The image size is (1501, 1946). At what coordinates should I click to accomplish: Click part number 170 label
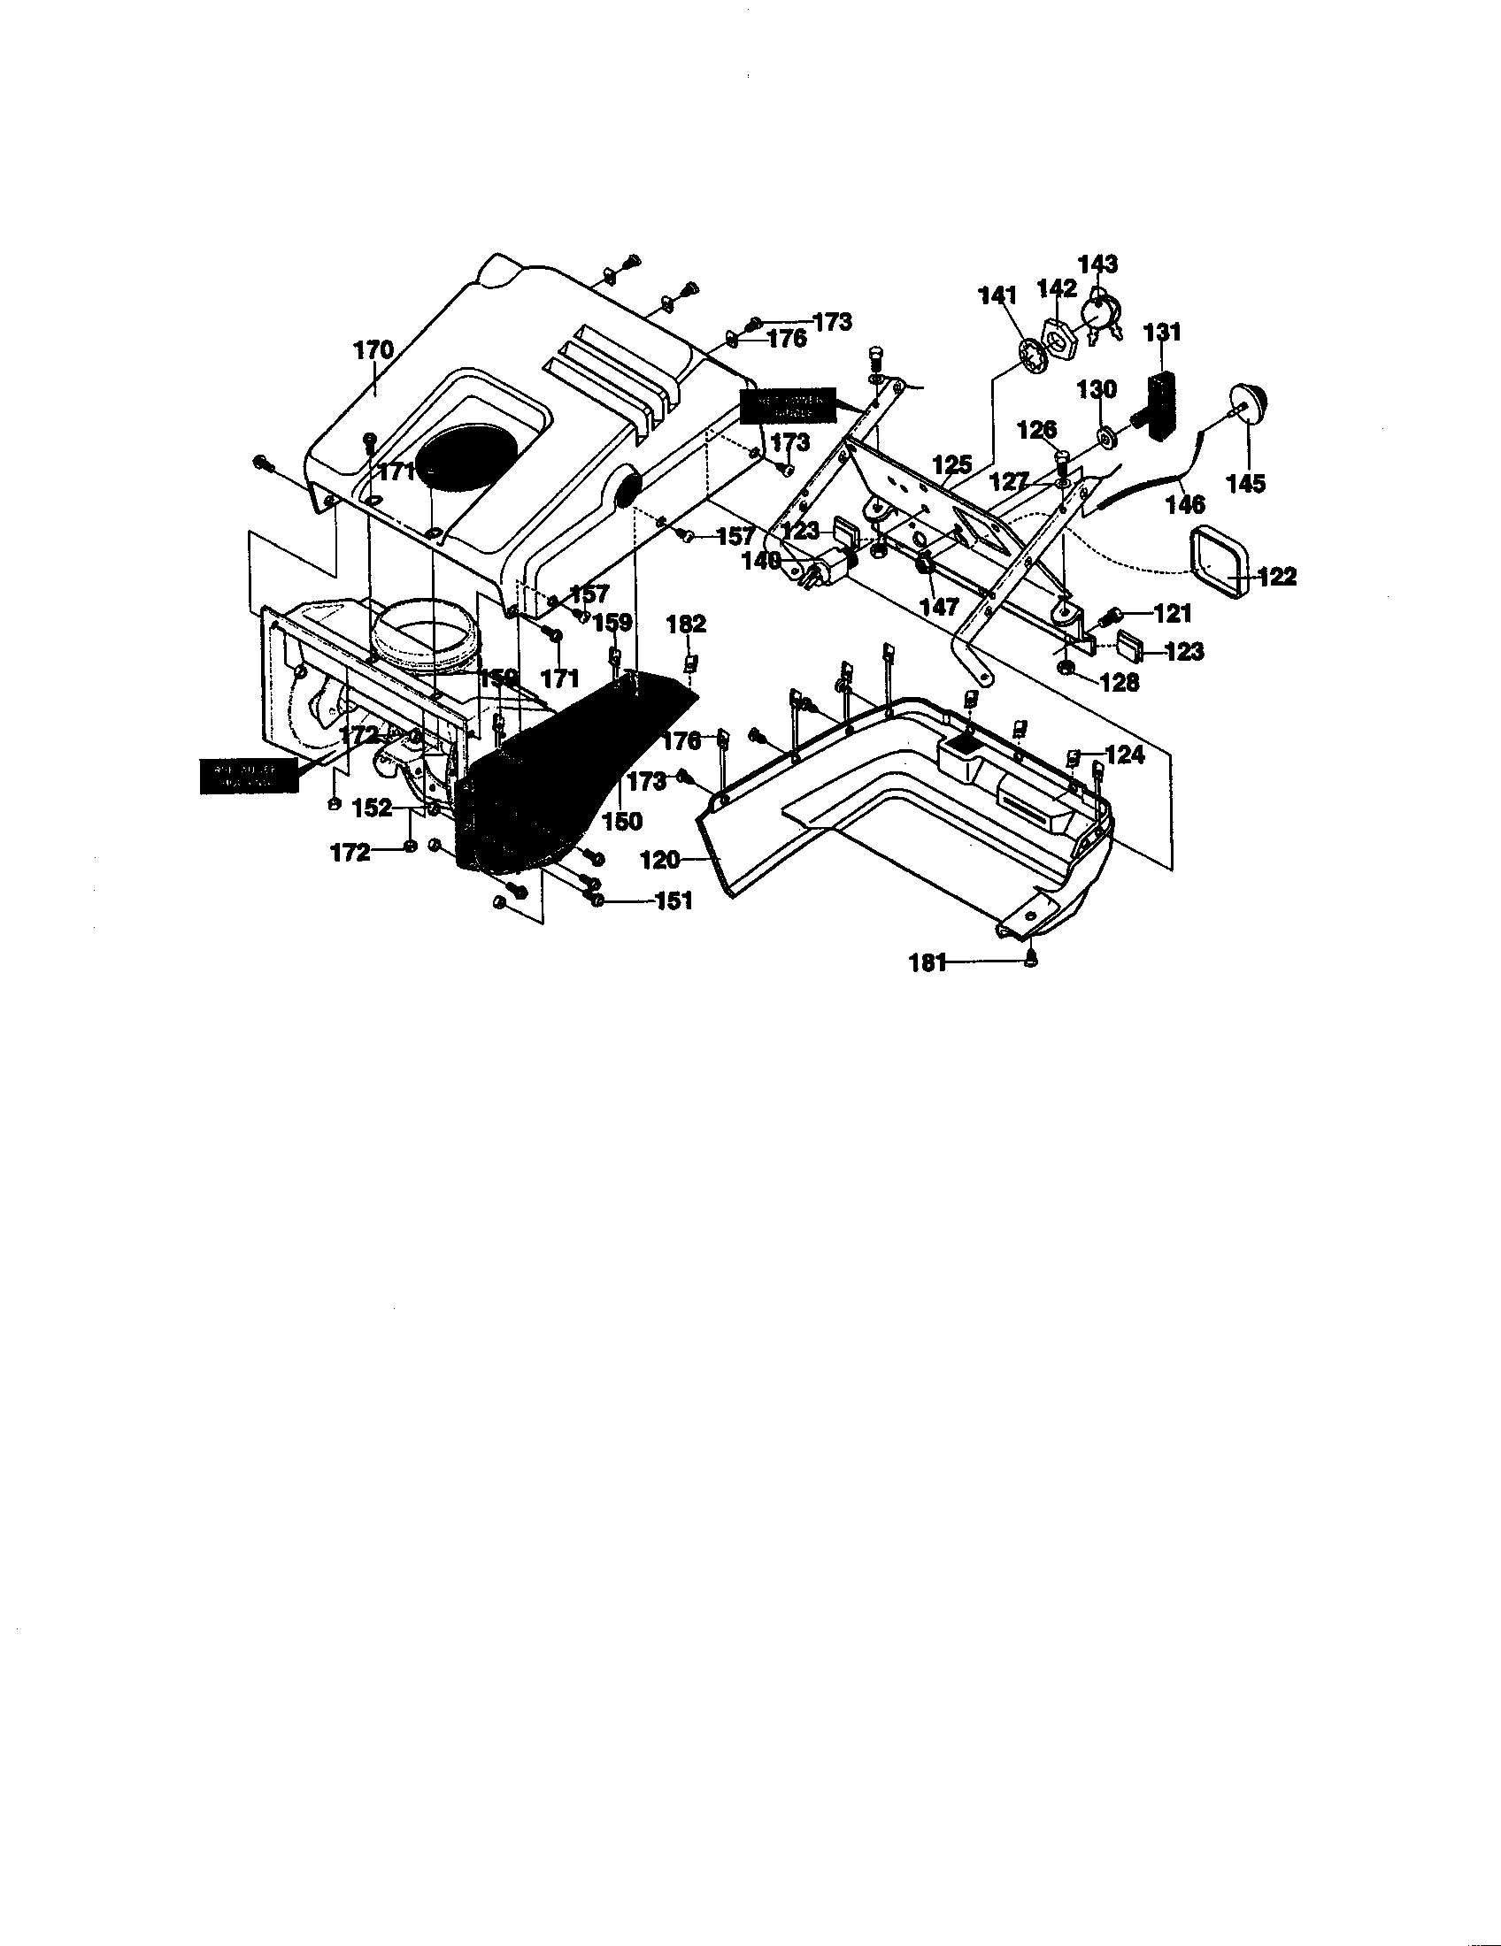(x=373, y=350)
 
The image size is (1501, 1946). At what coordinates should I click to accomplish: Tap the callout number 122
(x=1276, y=577)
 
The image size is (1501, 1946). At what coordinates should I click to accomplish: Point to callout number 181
(x=927, y=962)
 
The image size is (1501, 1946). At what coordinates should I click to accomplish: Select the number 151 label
(x=673, y=901)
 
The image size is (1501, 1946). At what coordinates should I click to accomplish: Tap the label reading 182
(x=686, y=624)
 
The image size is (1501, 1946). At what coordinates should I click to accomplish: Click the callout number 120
(x=660, y=860)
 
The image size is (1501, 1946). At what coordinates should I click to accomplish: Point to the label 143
(x=1097, y=264)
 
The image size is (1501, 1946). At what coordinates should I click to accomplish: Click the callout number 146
(x=1185, y=505)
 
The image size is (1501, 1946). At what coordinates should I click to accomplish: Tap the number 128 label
(x=1120, y=683)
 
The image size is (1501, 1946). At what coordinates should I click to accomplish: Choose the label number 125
(x=951, y=465)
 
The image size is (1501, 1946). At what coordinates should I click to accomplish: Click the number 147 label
(x=939, y=607)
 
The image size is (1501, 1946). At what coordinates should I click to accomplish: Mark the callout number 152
(x=372, y=808)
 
